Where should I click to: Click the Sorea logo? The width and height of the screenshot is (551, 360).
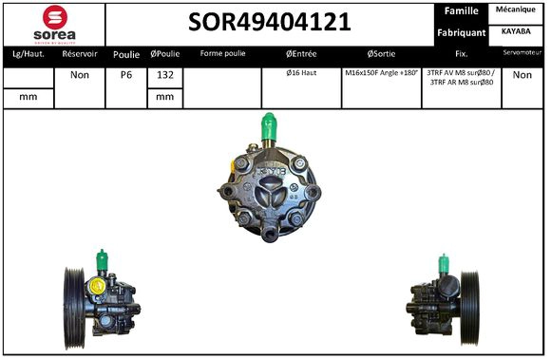point(54,23)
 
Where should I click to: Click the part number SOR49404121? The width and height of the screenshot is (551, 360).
point(270,23)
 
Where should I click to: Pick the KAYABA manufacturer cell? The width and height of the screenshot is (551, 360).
point(516,31)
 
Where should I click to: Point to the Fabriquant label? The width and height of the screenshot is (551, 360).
point(461,32)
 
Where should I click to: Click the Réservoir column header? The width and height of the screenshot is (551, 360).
point(80,54)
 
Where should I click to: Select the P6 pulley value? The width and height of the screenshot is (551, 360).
point(125,75)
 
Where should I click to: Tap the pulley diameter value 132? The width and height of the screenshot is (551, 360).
point(163,75)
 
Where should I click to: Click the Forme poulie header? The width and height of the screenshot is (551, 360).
point(222,54)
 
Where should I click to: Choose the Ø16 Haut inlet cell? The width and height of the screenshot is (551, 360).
point(301,73)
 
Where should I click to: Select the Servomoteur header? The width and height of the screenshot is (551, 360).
point(522,53)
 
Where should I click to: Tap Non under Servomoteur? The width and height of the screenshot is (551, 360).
point(522,75)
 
